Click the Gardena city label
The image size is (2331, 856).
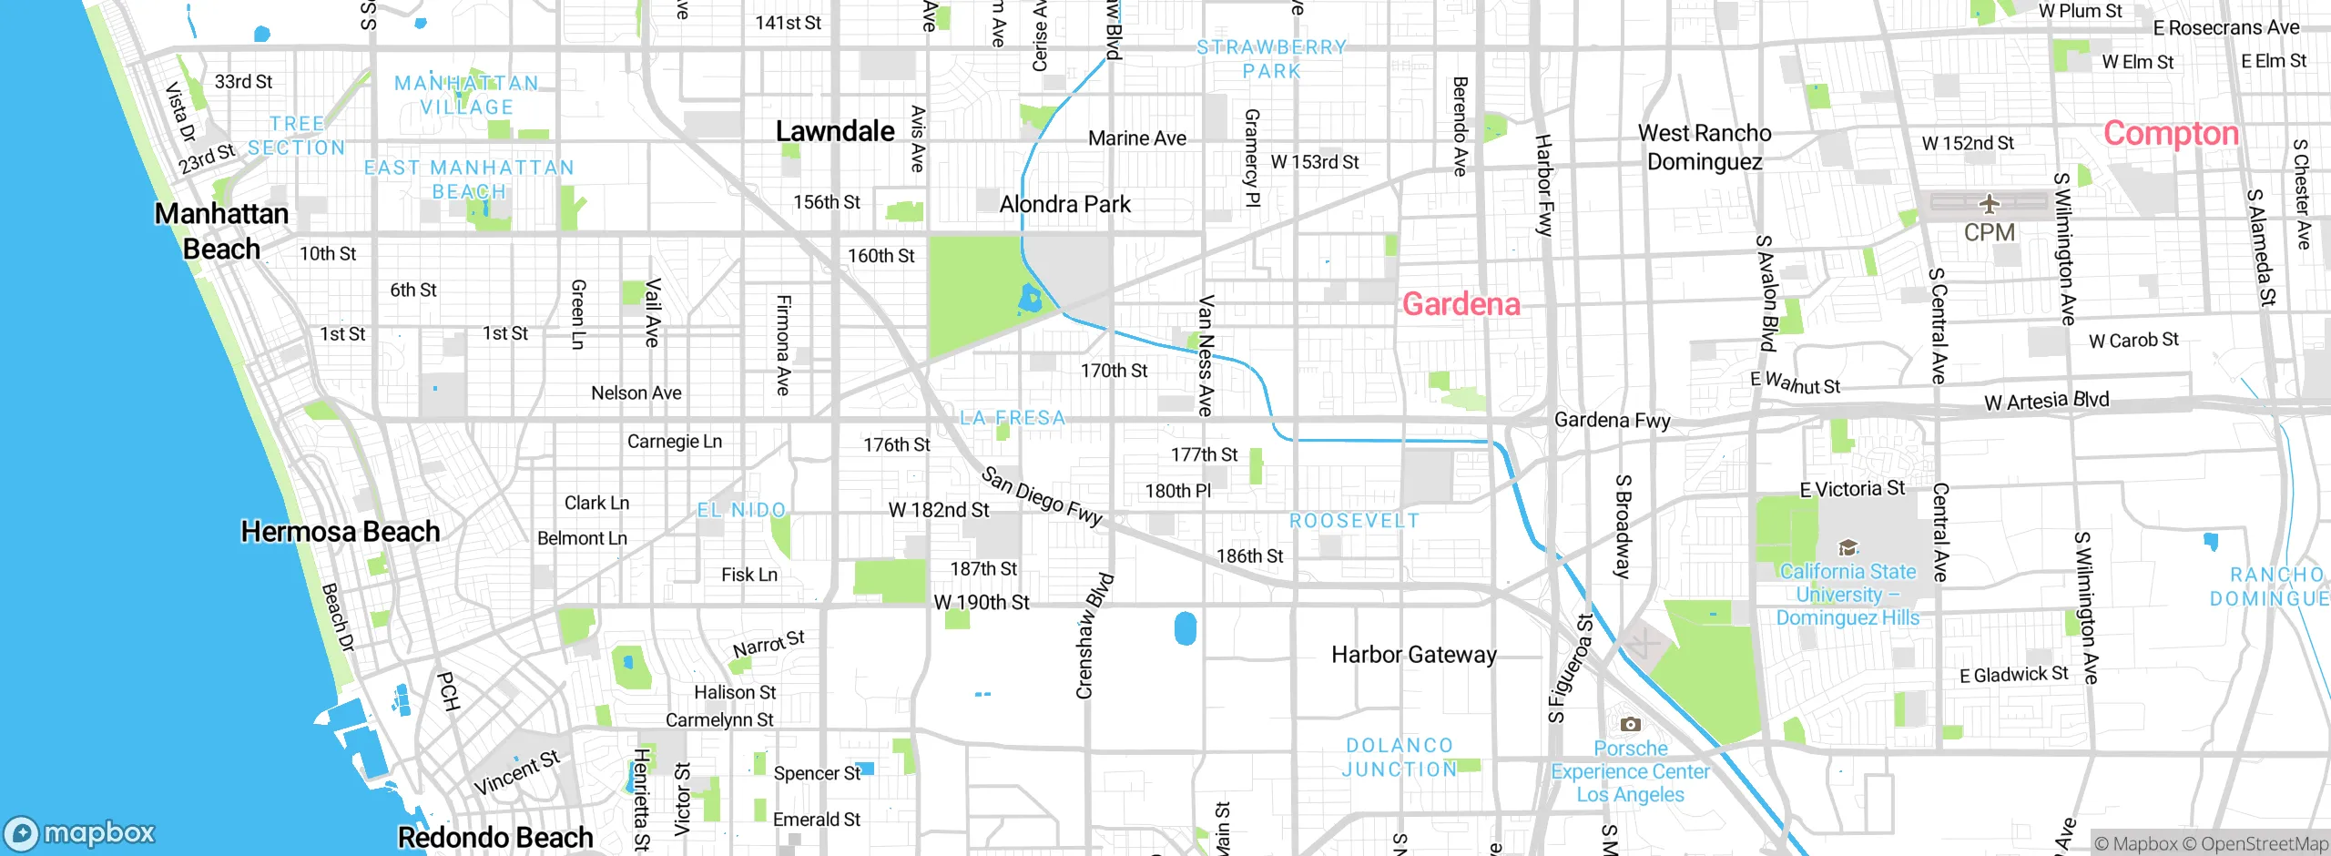[1461, 304]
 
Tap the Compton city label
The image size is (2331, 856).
[2170, 134]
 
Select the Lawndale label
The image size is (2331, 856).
[835, 131]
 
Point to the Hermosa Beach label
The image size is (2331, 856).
[340, 532]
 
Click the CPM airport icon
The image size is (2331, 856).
[1989, 203]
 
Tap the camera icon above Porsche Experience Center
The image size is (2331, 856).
[1630, 725]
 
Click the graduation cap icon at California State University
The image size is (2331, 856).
[1847, 547]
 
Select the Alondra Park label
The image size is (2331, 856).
[1064, 204]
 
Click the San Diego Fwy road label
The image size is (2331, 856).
[1042, 497]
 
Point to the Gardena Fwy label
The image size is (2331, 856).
[1612, 420]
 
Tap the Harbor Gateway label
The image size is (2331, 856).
[1413, 655]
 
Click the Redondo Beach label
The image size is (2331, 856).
[495, 837]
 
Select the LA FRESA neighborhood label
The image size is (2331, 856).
[1012, 418]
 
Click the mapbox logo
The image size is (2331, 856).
[80, 833]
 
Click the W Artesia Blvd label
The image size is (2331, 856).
[2046, 401]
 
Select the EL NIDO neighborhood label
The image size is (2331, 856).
[741, 510]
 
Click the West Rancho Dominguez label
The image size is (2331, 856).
[1705, 148]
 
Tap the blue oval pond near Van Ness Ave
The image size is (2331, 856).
[1185, 628]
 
